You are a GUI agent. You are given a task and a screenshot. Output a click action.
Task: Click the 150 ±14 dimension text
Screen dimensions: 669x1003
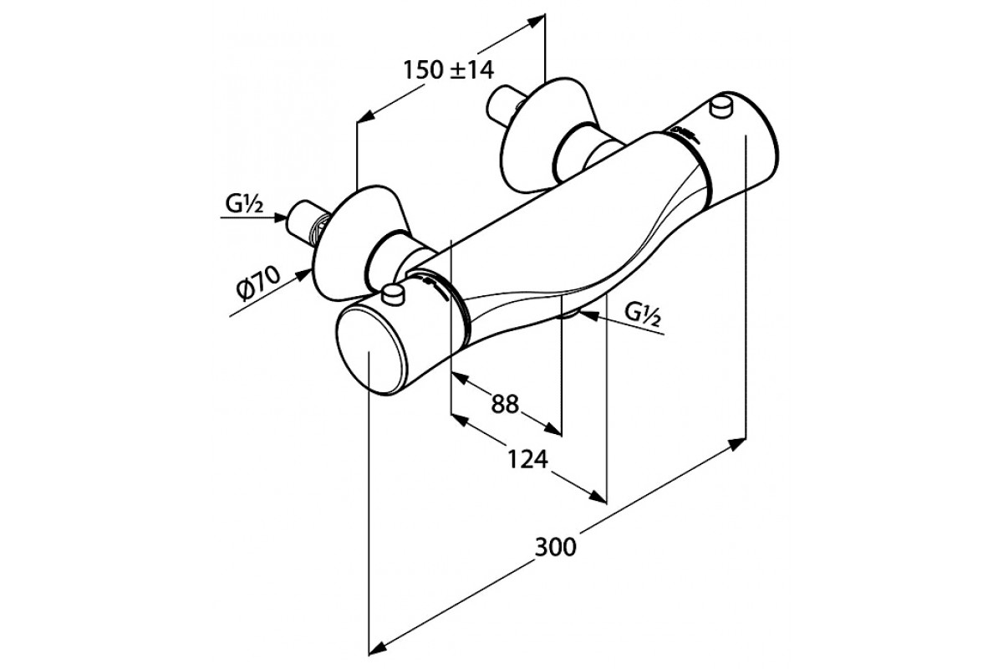pyautogui.click(x=447, y=71)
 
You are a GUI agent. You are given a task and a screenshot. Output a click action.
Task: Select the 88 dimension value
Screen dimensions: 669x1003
pyautogui.click(x=505, y=404)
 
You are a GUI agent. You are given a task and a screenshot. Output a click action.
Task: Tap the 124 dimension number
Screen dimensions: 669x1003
pyautogui.click(x=528, y=459)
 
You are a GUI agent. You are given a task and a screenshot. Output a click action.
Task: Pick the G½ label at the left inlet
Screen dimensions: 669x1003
pyautogui.click(x=242, y=204)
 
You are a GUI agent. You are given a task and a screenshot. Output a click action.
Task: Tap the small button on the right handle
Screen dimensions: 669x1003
pyautogui.click(x=720, y=106)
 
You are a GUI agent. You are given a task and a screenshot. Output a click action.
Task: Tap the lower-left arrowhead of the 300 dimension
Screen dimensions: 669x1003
pyautogui.click(x=379, y=644)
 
